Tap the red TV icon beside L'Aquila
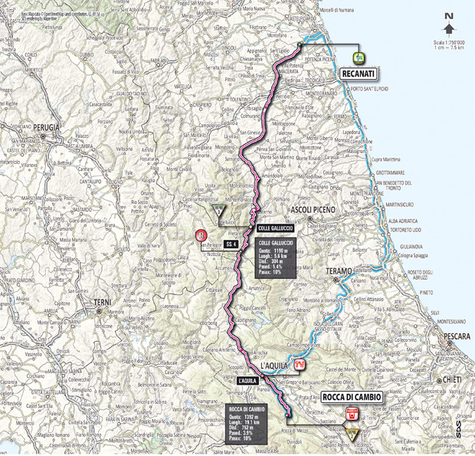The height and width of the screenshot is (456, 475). point(300,364)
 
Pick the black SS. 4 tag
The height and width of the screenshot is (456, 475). point(229,244)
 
